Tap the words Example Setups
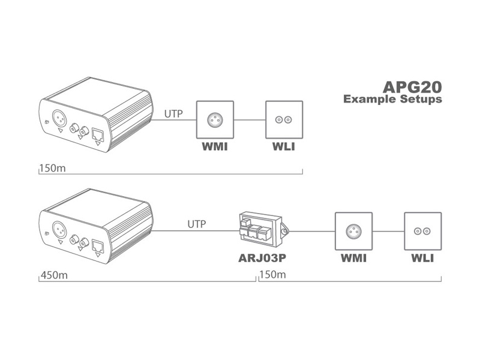point(392,99)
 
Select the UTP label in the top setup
point(174,112)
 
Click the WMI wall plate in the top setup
point(216,120)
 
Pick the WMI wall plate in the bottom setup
point(353,231)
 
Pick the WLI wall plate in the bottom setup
point(422,231)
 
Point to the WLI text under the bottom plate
point(422,259)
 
